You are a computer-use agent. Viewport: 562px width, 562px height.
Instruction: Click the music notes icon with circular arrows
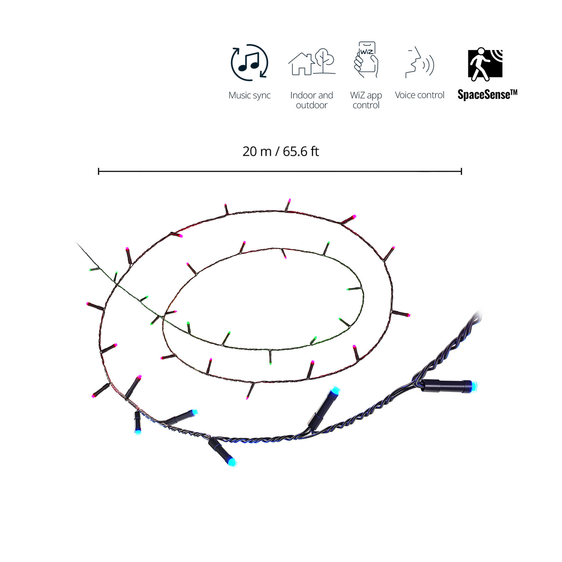(249, 63)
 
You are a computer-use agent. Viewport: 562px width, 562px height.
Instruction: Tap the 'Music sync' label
(249, 95)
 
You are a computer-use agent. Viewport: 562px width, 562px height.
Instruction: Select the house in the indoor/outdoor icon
(301, 64)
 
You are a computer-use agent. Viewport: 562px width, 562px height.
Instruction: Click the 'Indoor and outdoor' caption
(311, 100)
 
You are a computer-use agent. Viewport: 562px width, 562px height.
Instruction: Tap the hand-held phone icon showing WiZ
(366, 59)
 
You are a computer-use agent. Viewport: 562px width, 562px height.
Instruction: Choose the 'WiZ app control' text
(366, 100)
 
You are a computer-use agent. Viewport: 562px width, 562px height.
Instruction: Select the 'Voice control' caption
(420, 95)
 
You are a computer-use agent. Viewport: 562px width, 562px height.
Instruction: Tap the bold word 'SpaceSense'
(484, 95)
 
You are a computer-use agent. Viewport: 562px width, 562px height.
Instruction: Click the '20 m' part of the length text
(256, 151)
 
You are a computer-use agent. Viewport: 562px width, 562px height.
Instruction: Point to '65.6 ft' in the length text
(301, 151)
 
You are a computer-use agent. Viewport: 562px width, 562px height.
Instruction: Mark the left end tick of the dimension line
(99, 171)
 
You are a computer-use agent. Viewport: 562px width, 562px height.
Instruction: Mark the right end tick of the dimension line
(462, 171)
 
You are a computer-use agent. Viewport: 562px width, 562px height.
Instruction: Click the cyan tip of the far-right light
(474, 387)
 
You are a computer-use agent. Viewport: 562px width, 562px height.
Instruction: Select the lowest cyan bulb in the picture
(232, 463)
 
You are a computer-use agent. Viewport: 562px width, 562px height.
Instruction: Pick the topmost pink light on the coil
(289, 200)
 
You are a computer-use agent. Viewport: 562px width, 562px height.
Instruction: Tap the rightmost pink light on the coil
(408, 315)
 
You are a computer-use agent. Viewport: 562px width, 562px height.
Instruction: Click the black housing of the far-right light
(445, 386)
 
